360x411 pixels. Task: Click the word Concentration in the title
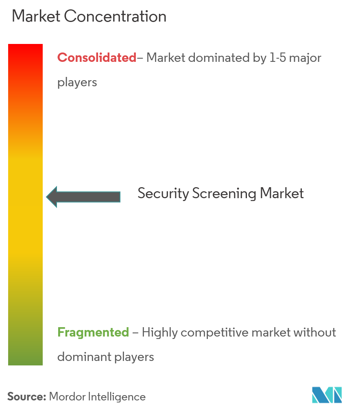[117, 17]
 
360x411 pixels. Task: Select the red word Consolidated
[97, 58]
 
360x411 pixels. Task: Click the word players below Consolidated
[77, 83]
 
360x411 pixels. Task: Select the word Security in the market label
[163, 193]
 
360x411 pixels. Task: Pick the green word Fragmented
[93, 332]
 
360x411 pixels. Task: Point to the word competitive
[215, 332]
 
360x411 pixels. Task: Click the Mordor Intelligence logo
[327, 395]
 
